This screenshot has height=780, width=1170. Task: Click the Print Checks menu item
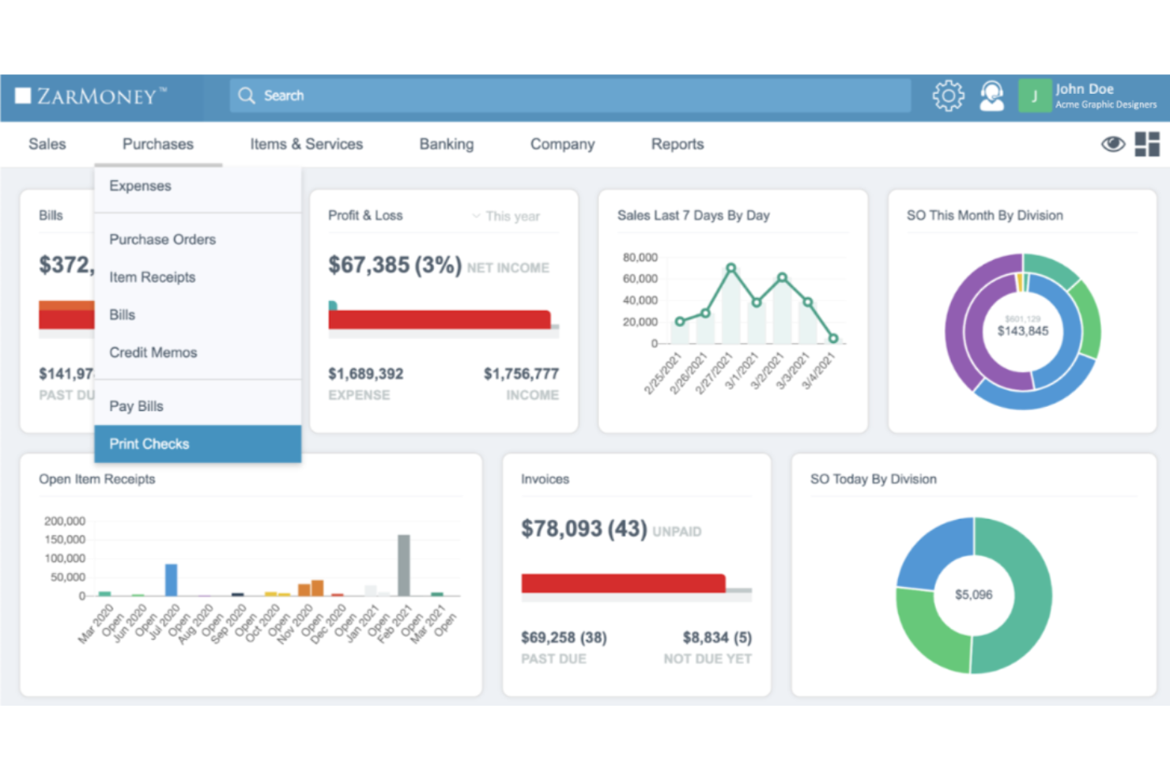coord(149,444)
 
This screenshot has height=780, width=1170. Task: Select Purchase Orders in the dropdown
coord(162,239)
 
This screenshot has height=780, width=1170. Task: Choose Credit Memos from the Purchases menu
coord(153,352)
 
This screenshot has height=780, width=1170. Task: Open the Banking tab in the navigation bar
coord(446,144)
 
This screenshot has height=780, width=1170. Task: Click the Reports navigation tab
coord(677,144)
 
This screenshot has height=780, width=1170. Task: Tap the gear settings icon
coord(948,96)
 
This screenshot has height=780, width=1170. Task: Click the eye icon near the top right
coord(1112,144)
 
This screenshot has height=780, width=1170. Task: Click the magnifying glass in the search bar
coord(247,96)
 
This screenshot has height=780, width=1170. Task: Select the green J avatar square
coord(1034,96)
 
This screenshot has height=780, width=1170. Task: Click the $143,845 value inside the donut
coord(1022,331)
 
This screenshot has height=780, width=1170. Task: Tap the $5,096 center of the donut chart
coord(973,594)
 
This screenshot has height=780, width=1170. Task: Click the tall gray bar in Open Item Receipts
coord(404,565)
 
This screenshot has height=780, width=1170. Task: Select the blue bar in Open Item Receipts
coord(171,579)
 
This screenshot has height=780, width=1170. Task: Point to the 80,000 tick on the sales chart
coord(640,258)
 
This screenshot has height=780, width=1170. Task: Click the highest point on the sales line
coord(730,269)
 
